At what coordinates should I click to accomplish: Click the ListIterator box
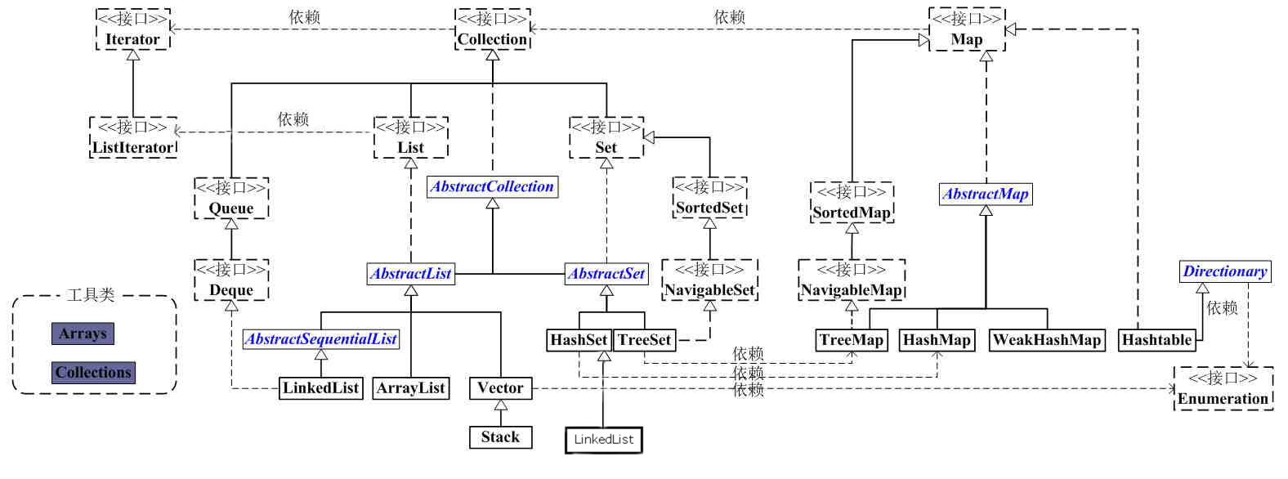tap(132, 138)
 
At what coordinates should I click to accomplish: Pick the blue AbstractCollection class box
tap(492, 186)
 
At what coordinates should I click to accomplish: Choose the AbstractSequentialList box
tap(321, 338)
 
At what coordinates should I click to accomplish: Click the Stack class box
tap(500, 437)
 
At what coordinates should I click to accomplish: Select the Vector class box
tap(500, 388)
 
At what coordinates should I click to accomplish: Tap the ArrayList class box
tap(410, 388)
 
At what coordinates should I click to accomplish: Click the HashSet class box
tap(579, 340)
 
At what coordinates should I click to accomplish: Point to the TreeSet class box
tap(645, 340)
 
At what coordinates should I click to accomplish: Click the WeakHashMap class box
tap(1047, 340)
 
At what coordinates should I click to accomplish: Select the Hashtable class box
tap(1156, 340)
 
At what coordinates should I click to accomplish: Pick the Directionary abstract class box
tap(1225, 271)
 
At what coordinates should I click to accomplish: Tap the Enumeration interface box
tap(1223, 389)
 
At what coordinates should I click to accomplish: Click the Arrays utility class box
tap(83, 334)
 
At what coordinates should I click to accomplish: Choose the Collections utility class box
tap(93, 373)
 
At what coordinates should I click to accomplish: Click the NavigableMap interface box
tap(851, 280)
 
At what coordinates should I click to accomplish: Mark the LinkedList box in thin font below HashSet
tap(603, 440)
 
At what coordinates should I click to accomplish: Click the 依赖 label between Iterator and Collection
tap(304, 17)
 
